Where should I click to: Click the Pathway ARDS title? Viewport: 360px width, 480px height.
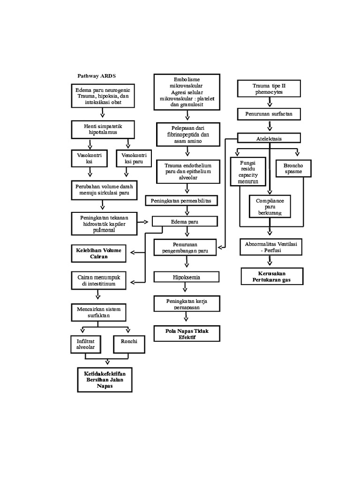pyautogui.click(x=96, y=75)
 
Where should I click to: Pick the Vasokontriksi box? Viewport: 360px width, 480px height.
pyautogui.click(x=89, y=158)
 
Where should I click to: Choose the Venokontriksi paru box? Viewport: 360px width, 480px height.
pyautogui.click(x=131, y=158)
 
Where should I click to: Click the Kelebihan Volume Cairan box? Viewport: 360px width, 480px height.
pyautogui.click(x=98, y=253)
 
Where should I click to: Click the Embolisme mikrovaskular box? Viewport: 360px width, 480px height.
pyautogui.click(x=187, y=92)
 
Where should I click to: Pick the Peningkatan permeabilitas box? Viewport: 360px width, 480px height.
pyautogui.click(x=180, y=201)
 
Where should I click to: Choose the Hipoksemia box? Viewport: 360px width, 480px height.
pyautogui.click(x=186, y=277)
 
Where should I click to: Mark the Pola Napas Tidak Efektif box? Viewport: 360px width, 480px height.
pyautogui.click(x=187, y=334)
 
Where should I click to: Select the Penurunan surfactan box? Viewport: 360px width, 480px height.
pyautogui.click(x=269, y=114)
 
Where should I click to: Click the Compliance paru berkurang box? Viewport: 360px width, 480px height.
pyautogui.click(x=270, y=206)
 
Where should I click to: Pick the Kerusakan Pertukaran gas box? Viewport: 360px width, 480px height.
pyautogui.click(x=272, y=276)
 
